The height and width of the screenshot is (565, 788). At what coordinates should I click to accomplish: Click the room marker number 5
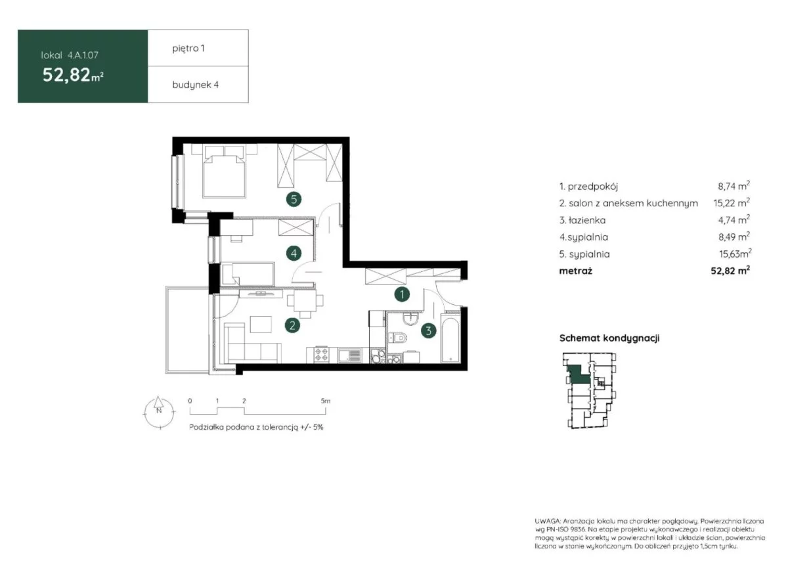294,199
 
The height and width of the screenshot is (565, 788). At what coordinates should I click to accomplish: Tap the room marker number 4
294,253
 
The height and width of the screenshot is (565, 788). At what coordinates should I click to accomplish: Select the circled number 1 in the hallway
402,294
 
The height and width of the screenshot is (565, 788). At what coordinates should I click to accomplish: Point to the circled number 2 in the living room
292,326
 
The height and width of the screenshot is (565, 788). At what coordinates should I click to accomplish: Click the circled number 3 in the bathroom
428,330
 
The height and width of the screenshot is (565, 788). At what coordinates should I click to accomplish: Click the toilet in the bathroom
397,338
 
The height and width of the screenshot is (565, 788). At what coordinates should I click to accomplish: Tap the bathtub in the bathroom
450,340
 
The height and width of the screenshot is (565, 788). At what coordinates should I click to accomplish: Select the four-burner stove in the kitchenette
322,355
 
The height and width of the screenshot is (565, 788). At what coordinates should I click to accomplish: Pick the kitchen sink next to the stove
349,355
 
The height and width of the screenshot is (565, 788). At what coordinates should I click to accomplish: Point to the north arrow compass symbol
159,412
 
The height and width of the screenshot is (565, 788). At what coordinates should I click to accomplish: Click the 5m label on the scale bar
326,401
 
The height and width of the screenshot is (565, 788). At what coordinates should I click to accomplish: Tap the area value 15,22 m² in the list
732,203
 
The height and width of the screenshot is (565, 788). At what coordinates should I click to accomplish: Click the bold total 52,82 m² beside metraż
730,271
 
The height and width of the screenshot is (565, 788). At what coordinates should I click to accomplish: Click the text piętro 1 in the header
188,49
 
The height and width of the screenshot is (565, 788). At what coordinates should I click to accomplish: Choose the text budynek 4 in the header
195,85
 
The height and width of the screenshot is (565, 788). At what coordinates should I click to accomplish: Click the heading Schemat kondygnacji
609,338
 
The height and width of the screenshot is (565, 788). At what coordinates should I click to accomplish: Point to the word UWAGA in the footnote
548,521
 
